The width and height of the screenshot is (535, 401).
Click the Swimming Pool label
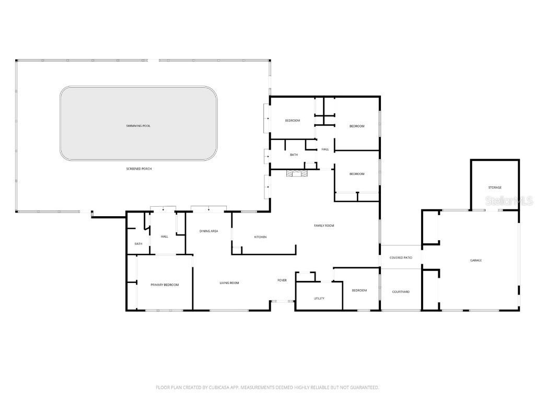click(x=138, y=126)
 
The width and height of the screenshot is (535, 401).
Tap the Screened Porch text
click(x=138, y=169)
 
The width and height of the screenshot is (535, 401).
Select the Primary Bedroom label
click(x=165, y=285)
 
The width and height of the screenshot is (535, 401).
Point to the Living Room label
click(x=229, y=283)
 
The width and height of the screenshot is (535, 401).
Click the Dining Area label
click(x=209, y=231)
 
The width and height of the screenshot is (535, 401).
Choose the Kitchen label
click(x=260, y=237)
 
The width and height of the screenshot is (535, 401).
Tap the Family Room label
click(x=323, y=226)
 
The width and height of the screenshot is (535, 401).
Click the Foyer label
click(x=282, y=280)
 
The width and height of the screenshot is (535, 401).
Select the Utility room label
click(x=319, y=298)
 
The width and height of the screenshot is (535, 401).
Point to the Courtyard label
click(x=401, y=291)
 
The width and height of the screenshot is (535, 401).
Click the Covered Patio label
click(x=401, y=257)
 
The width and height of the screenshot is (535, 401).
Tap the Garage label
click(x=475, y=260)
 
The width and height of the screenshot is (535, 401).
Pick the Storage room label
click(x=495, y=187)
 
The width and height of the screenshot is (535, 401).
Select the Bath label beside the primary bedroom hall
click(x=138, y=244)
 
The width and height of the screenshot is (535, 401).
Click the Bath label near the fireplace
click(x=294, y=155)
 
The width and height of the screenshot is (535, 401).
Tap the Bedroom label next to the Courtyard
click(x=359, y=290)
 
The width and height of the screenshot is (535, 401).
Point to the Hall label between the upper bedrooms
click(x=325, y=149)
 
